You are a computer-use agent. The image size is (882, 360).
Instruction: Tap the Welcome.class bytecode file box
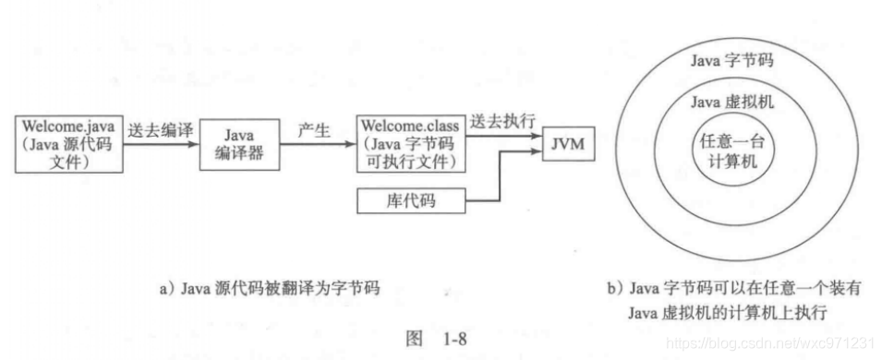tap(410, 144)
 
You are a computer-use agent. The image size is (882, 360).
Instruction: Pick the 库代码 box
tap(410, 198)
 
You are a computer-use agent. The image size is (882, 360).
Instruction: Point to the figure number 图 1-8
tap(440, 338)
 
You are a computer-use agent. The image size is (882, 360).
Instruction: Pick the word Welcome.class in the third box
tap(410, 125)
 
